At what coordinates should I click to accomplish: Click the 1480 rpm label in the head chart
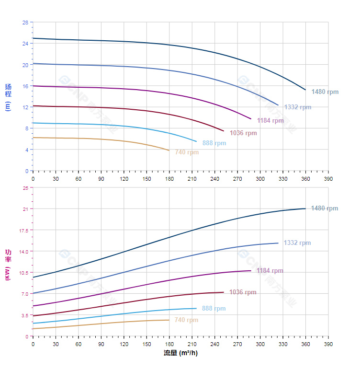325,92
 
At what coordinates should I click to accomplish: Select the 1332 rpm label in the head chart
297,107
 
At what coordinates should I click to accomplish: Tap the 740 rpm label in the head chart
187,152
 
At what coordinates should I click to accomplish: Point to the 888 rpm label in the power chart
214,309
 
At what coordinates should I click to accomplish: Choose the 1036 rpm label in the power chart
243,292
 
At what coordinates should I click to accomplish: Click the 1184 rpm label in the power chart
270,271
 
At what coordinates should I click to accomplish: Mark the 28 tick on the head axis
25,22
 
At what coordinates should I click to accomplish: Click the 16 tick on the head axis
25,86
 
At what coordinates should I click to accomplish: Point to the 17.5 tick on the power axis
23,231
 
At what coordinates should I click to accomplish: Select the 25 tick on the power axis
25,188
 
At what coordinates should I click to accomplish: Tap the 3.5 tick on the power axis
24,315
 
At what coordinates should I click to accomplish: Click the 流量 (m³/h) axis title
180,353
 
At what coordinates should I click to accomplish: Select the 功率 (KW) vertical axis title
8,265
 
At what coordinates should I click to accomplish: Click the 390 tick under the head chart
328,179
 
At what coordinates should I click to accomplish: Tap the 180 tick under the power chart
169,344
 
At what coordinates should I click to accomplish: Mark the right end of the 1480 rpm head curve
305,90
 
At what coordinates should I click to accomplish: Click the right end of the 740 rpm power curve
169,320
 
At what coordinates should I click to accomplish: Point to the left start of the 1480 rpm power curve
33,277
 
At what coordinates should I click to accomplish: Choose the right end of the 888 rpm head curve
196,141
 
